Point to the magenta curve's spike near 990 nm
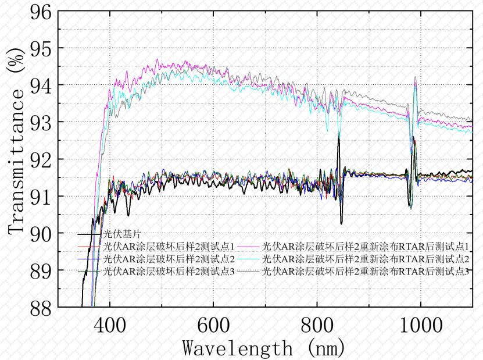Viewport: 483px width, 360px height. click(x=415, y=83)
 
